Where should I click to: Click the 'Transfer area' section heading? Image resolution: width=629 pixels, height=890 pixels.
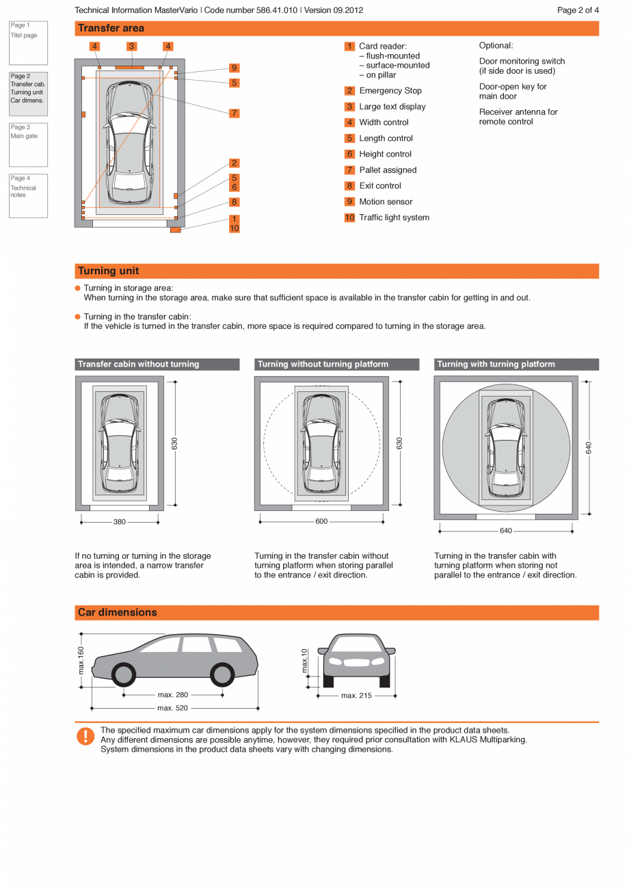point(111,28)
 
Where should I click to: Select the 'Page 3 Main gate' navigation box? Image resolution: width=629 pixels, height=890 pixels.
point(28,144)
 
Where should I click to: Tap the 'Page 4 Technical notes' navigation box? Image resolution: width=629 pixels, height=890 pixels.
point(28,196)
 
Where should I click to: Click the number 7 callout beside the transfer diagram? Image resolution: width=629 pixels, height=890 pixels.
point(235,114)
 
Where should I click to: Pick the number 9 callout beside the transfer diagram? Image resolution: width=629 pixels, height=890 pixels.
point(235,68)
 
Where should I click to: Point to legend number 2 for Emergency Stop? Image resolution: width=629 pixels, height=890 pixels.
point(349,90)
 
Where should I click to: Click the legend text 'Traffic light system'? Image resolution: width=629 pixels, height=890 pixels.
point(394,218)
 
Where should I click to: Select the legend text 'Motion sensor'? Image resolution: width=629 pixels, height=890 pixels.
point(386,202)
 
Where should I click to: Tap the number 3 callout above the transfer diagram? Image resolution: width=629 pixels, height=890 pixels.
point(131,47)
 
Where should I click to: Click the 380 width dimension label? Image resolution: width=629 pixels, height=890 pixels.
point(120,522)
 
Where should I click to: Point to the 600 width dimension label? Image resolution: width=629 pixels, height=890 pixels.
point(321,521)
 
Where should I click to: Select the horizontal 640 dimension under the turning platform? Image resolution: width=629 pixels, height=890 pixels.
point(505,531)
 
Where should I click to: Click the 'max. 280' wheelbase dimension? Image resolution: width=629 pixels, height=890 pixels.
point(173,695)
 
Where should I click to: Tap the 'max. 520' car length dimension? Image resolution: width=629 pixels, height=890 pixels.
point(173,708)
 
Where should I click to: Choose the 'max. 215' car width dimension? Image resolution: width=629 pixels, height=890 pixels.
point(356,696)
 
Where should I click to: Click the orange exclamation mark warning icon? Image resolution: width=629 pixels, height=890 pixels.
point(85,736)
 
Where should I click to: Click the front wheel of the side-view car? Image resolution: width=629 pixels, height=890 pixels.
point(124,675)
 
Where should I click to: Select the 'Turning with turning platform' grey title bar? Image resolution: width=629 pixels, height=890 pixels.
point(516,365)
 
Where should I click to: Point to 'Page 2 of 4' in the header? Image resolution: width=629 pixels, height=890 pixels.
point(578,10)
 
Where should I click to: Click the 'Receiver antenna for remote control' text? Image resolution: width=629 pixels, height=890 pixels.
point(518,117)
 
